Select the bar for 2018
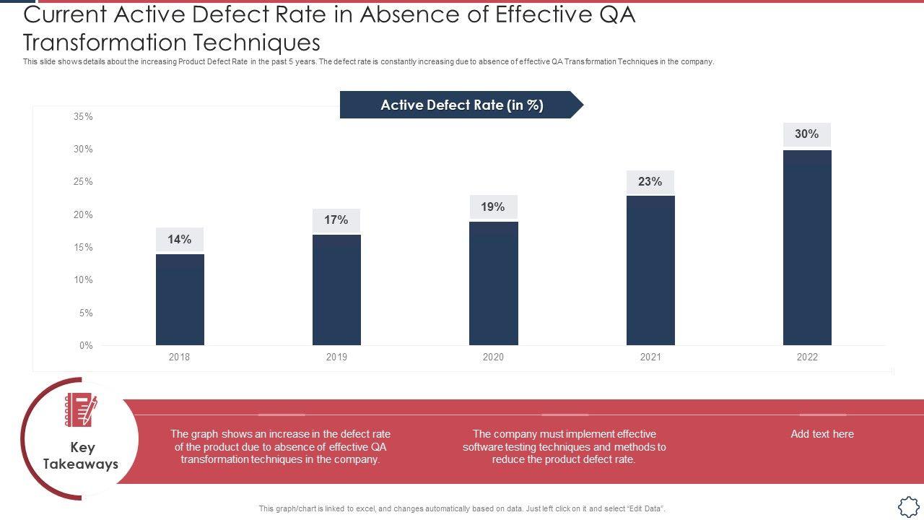(180, 300)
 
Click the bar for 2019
(336, 290)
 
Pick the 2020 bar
(493, 283)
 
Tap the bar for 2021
(650, 270)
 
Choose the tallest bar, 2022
(807, 248)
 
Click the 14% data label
(180, 240)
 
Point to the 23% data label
(650, 182)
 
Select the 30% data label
(807, 134)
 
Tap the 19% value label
(493, 207)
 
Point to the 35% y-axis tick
(83, 116)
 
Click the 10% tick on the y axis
(83, 280)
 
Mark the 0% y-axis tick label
(85, 345)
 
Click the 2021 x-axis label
(650, 357)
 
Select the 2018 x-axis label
(180, 357)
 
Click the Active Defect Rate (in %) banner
(462, 105)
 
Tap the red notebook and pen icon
(81, 410)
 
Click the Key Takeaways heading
(81, 456)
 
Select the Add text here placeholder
(822, 434)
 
